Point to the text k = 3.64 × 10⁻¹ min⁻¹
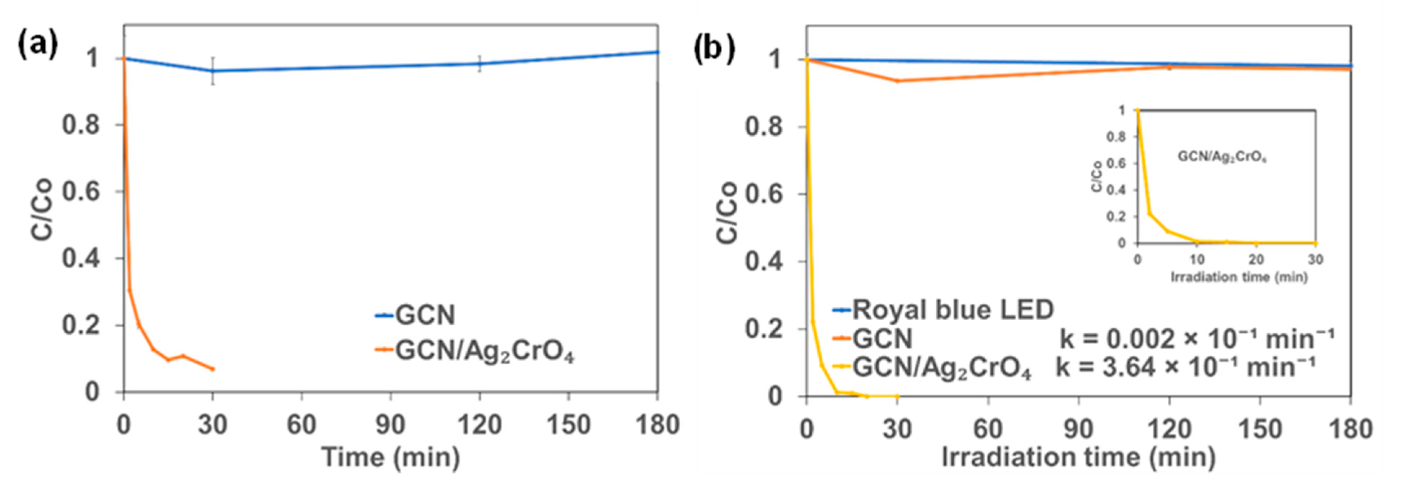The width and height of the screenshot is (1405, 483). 1186,367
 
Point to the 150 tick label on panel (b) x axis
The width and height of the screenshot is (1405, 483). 1260,429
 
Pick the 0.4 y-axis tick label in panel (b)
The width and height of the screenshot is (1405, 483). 764,262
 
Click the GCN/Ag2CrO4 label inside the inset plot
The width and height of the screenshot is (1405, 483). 1222,157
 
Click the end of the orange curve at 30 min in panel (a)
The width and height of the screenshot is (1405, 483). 213,369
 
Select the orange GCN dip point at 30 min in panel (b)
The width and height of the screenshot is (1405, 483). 897,81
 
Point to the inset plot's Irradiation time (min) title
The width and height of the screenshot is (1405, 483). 1239,277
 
